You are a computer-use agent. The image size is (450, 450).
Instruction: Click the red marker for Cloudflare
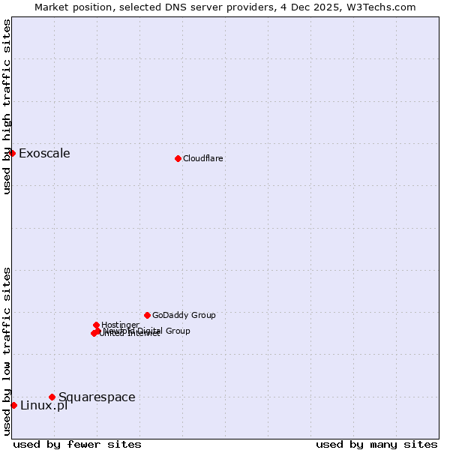[178, 158]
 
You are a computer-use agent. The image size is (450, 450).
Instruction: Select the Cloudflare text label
[203, 158]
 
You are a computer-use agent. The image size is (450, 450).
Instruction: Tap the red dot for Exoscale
[12, 153]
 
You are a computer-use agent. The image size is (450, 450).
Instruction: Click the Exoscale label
[44, 154]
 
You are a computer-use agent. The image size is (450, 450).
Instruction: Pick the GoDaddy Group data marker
[147, 315]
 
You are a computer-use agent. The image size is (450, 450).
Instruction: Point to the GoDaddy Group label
[184, 315]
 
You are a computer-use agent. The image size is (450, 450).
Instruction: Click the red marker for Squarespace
[52, 397]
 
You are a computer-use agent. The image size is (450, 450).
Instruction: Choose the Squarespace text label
[97, 397]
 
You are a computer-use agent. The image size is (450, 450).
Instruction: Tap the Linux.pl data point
[13, 405]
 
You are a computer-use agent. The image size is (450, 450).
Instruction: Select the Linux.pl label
[43, 406]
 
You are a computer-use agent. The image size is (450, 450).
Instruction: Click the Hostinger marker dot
[96, 325]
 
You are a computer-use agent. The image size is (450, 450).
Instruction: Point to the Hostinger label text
[120, 325]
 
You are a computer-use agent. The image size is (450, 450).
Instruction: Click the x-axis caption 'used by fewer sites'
[77, 444]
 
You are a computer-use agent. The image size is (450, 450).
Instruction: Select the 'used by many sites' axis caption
[376, 444]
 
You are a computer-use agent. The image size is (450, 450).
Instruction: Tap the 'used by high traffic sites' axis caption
[7, 106]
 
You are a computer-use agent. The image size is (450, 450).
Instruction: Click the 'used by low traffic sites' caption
[7, 351]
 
